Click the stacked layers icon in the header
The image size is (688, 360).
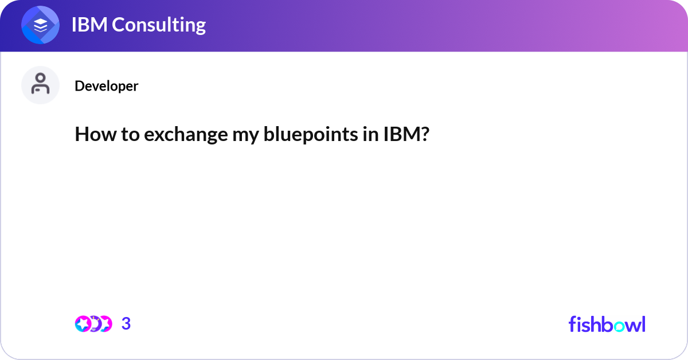(x=41, y=25)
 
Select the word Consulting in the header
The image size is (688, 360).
(x=159, y=25)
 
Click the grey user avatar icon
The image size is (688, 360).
(x=41, y=85)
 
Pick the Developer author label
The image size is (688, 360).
(x=106, y=86)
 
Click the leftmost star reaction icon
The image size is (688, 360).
(x=83, y=324)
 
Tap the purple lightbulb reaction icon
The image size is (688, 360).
(x=94, y=324)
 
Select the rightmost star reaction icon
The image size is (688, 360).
(x=104, y=324)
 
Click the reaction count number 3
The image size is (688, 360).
(x=126, y=324)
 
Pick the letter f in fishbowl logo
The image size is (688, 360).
(x=572, y=324)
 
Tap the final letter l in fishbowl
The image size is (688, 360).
(x=643, y=324)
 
